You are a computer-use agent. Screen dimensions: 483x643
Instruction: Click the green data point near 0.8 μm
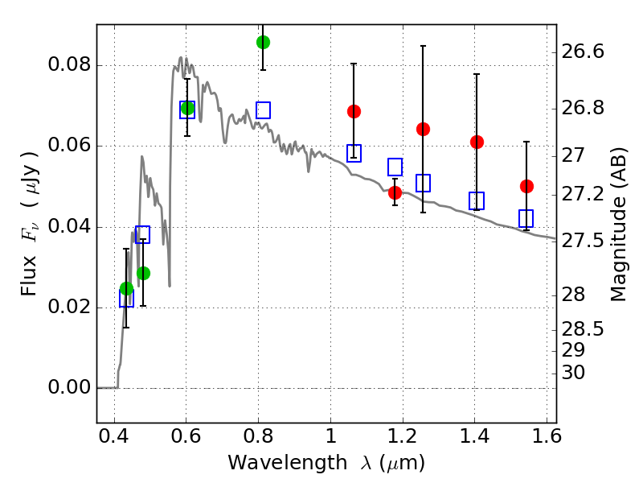coord(263,42)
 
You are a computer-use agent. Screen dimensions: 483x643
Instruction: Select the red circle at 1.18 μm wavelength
coord(395,192)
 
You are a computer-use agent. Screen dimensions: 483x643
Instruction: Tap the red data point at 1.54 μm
coord(526,186)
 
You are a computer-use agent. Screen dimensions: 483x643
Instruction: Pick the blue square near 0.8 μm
coord(263,110)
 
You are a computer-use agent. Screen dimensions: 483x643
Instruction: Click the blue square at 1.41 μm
coord(477,200)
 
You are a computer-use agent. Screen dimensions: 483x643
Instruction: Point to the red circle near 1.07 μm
coord(354,111)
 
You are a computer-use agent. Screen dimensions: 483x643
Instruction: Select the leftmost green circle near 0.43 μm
coord(126,288)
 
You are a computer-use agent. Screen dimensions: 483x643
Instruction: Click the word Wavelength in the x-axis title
coord(273,463)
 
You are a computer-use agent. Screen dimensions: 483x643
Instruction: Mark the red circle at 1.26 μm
coord(423,129)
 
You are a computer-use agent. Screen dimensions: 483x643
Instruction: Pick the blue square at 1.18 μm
coord(395,167)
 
